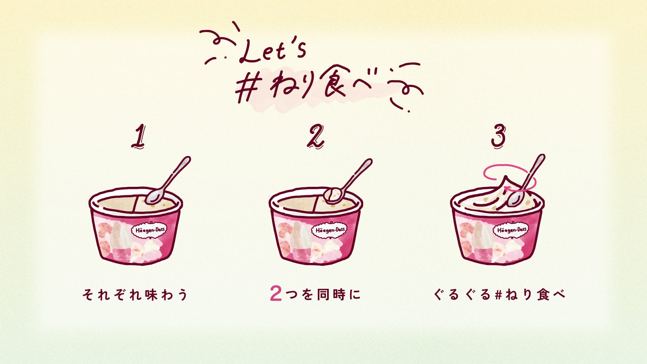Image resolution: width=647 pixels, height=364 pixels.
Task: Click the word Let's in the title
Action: point(273,53)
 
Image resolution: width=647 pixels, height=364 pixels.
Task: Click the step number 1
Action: point(138,136)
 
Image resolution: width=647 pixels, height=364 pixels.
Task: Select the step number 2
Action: point(315,136)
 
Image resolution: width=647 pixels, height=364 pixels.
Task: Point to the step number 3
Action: point(498,136)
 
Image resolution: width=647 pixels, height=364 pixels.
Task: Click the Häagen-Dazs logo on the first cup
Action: point(149,231)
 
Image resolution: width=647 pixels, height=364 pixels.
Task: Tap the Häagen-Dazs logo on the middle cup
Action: point(330,230)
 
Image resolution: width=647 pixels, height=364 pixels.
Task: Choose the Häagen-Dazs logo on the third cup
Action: point(510,230)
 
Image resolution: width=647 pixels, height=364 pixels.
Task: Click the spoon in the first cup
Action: point(167,180)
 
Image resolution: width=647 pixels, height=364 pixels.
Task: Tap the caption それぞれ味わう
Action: point(135,295)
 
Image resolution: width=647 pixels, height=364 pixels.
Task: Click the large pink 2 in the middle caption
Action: point(275,294)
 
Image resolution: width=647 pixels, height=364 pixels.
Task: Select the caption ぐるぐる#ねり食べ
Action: point(499,295)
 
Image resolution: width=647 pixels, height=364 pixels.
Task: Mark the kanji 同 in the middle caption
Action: point(323,295)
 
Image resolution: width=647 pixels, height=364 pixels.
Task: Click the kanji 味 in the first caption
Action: point(152,295)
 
